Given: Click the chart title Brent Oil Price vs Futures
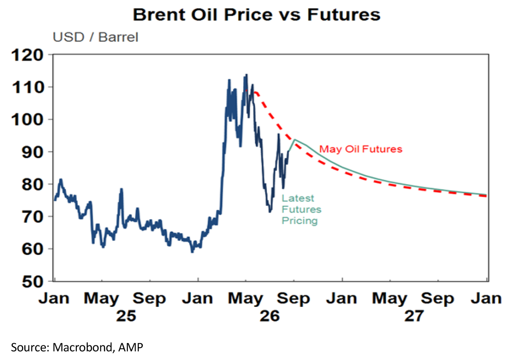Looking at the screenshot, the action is click(257, 15).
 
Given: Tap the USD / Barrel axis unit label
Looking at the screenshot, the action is click(95, 37).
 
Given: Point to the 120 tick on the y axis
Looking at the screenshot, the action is click(28, 55).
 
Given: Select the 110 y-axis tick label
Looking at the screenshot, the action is click(28, 87).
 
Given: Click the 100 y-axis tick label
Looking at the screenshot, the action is click(28, 120).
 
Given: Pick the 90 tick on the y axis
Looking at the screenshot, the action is click(33, 152).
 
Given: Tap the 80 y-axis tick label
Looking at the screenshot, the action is click(33, 185).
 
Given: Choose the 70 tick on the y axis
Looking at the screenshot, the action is click(33, 216).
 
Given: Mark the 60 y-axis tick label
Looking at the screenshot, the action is click(33, 249).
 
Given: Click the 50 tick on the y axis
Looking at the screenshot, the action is click(33, 282).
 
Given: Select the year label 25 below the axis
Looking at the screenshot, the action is click(126, 316).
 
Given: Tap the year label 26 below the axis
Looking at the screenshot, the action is click(269, 316).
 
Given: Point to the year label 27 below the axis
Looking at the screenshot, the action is click(414, 316).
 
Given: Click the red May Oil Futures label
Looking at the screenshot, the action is click(361, 149).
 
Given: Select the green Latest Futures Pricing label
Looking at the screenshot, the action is click(301, 210).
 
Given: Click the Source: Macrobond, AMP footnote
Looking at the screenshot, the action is click(77, 347).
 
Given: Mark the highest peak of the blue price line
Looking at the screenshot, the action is click(246, 75).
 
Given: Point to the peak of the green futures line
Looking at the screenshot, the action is click(295, 140).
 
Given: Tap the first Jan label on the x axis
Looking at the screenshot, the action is click(54, 298).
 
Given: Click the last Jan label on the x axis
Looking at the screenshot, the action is click(486, 298).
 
